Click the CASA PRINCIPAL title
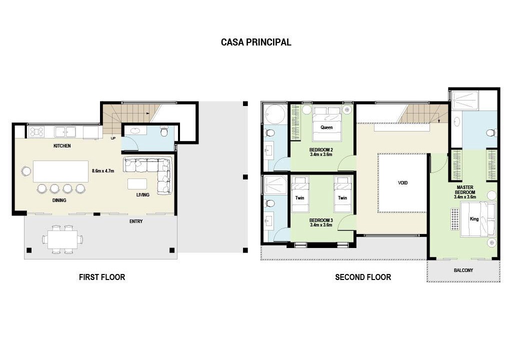point(256,42)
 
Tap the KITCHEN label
point(62,145)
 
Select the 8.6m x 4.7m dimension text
point(103,171)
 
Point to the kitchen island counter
point(60,171)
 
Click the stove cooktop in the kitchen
point(36,132)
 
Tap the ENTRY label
point(136,221)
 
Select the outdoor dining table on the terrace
point(62,239)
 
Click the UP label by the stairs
point(113,138)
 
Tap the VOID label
point(402,183)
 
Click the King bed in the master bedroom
point(478,218)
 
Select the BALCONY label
point(463,270)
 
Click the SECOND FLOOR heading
point(363,277)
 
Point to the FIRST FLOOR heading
point(102,277)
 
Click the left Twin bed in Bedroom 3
point(300,194)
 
